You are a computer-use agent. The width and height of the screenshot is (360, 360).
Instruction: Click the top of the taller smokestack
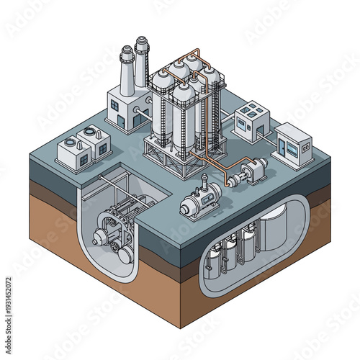tap(142, 42)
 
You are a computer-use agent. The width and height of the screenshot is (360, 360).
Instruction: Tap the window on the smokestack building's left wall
tap(115, 106)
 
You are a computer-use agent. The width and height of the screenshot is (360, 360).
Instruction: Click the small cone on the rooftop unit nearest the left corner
tap(71, 143)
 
